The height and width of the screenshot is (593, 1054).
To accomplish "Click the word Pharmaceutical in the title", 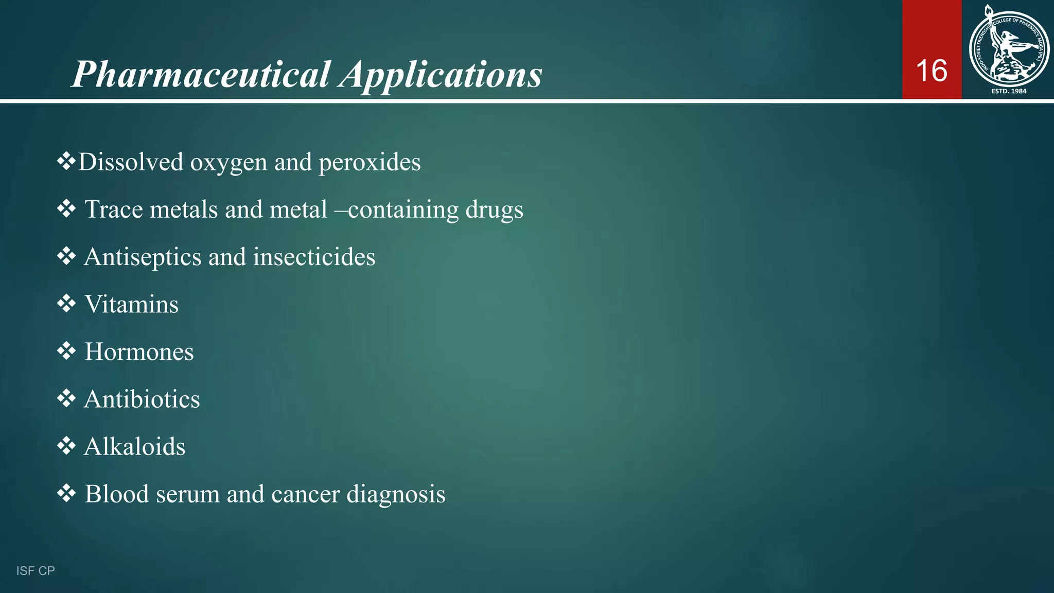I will [x=201, y=75].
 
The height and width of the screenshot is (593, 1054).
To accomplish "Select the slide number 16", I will [x=932, y=71].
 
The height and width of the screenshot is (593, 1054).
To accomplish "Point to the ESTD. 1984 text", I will [x=1009, y=91].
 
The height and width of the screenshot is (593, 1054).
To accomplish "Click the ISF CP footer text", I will [x=36, y=571].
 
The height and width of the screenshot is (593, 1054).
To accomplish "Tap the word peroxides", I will [x=370, y=163].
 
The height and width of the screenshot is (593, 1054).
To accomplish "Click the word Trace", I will [x=114, y=210].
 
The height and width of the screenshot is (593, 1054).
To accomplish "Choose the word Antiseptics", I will [x=143, y=257].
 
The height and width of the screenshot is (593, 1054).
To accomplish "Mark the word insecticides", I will [x=314, y=257].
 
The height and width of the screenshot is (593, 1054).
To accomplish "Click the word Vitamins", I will [x=131, y=304].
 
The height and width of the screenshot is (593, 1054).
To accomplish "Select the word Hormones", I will [x=139, y=352].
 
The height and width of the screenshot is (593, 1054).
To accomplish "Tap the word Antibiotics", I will [x=142, y=399].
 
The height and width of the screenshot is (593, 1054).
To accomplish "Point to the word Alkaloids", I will [x=134, y=446].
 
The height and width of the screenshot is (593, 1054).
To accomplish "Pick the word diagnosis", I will [x=396, y=494].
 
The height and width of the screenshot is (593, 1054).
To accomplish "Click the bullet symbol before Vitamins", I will [x=66, y=304].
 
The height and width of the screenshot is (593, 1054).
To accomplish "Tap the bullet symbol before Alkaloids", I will [x=66, y=446].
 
